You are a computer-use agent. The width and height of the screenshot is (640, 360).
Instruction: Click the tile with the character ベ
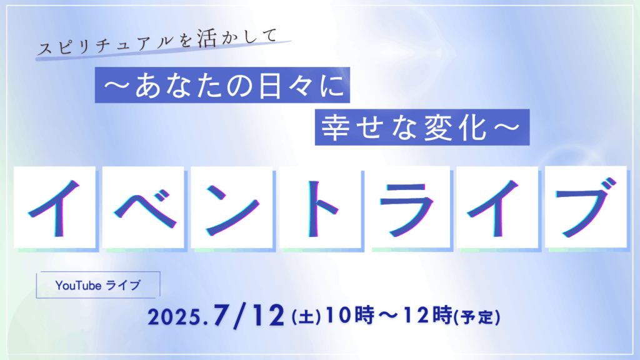[143, 207]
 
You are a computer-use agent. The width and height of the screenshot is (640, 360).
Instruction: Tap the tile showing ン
[231, 207]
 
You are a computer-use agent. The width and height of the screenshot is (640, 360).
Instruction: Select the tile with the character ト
[320, 207]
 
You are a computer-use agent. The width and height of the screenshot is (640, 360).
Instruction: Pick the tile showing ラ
[409, 207]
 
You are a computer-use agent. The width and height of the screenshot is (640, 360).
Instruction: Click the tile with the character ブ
[586, 207]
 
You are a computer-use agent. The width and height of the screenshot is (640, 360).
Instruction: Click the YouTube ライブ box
[98, 285]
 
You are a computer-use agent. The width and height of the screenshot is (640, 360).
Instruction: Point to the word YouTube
[78, 285]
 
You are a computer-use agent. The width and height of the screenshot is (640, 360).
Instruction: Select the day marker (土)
[306, 317]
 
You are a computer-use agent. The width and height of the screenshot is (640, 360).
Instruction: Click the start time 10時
[350, 315]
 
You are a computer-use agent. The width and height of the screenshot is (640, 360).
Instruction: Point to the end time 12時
[428, 315]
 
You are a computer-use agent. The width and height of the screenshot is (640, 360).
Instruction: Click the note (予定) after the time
[477, 317]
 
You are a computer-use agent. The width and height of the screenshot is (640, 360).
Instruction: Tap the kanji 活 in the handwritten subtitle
[206, 39]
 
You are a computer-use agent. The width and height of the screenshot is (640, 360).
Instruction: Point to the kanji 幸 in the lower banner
[335, 127]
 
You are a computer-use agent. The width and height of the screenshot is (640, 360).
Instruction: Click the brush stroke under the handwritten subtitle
[163, 51]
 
